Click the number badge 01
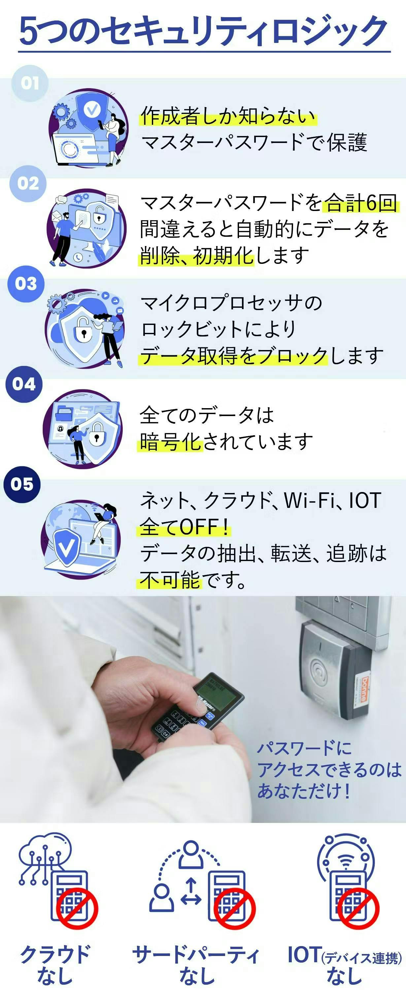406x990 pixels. click(x=30, y=83)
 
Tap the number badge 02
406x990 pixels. click(x=28, y=183)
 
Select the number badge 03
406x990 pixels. click(x=26, y=284)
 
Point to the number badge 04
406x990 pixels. click(x=24, y=384)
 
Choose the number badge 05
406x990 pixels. click(x=22, y=484)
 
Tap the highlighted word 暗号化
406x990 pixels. click(x=170, y=442)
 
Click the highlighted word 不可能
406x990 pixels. click(x=170, y=580)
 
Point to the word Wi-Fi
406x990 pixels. click(x=310, y=500)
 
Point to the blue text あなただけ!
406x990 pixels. click(x=303, y=791)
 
